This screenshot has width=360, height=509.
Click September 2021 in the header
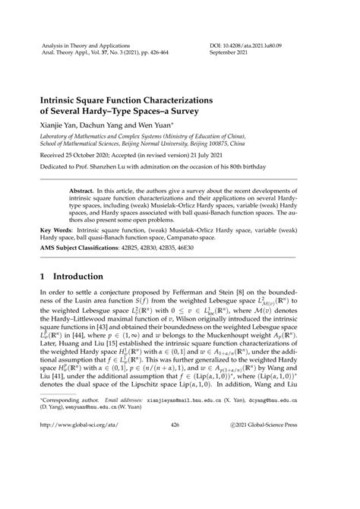[x=231, y=53]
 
